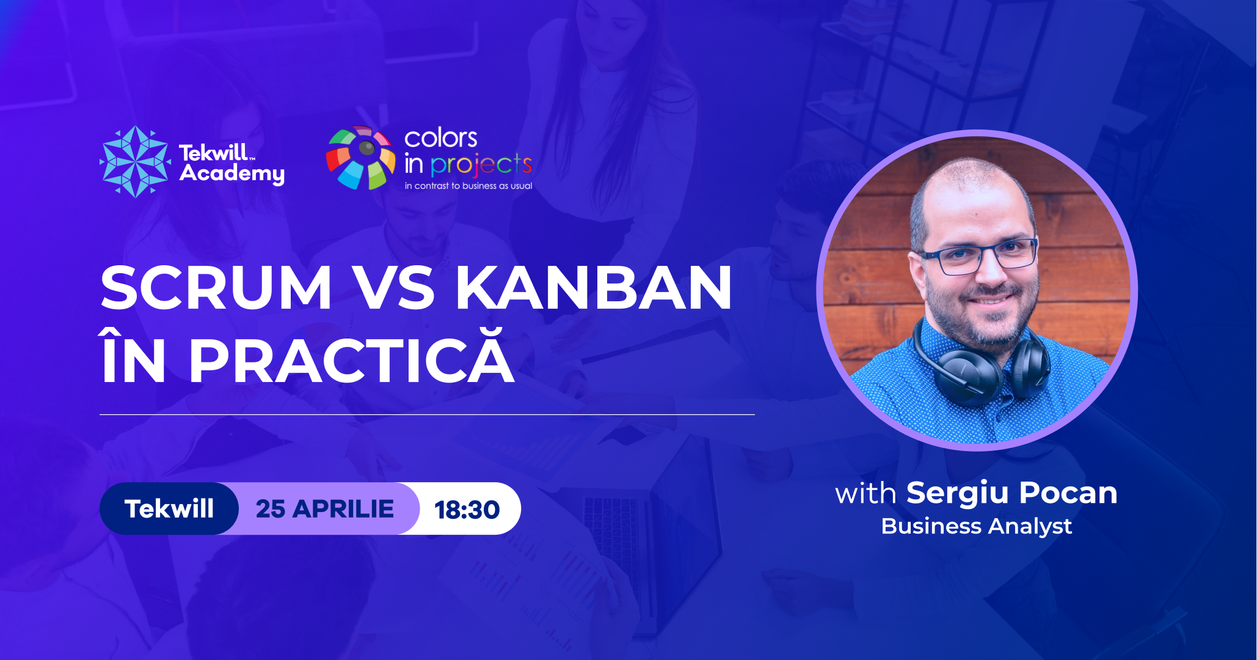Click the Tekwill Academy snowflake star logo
coord(135,162)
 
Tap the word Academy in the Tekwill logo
coord(232,174)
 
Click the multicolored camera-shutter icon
coord(360,158)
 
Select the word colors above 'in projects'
coord(440,138)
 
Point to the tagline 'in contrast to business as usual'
coord(468,186)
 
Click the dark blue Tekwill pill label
coord(169,508)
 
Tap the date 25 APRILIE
coord(325,509)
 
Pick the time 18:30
coord(467,510)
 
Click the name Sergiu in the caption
coord(957,494)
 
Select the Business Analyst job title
coord(976,526)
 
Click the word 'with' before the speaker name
coord(865,493)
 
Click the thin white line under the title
coord(427,415)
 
